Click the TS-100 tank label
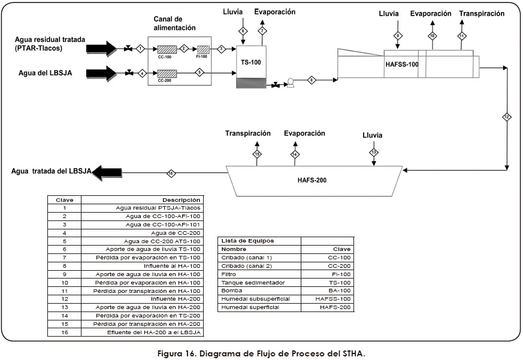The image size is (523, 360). [250, 62]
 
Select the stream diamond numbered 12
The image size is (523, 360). [507, 117]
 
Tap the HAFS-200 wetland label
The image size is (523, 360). [312, 179]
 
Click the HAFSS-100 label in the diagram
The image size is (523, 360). [401, 65]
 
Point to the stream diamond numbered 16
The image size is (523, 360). [171, 174]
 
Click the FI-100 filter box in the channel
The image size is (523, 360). [204, 49]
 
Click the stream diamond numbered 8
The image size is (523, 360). [312, 79]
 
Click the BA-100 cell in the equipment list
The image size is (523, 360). [338, 290]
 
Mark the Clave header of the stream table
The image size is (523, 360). [64, 199]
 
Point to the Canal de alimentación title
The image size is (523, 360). [175, 23]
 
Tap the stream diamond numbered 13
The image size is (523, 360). [374, 152]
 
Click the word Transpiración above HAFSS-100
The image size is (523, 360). [482, 14]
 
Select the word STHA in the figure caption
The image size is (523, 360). [350, 353]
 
